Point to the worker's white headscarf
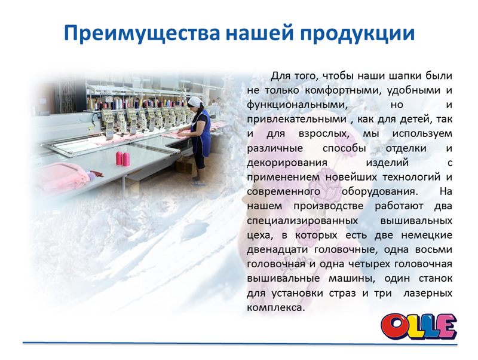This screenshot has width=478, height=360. [195, 101]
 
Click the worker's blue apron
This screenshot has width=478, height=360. [201, 132]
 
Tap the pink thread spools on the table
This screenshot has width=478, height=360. [122, 158]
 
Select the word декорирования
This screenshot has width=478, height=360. [287, 163]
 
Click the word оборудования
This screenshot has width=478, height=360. [379, 192]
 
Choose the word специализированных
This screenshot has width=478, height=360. [302, 221]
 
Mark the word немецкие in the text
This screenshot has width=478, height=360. [427, 235]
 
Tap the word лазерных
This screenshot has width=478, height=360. [428, 294]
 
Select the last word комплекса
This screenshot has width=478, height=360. [276, 307]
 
